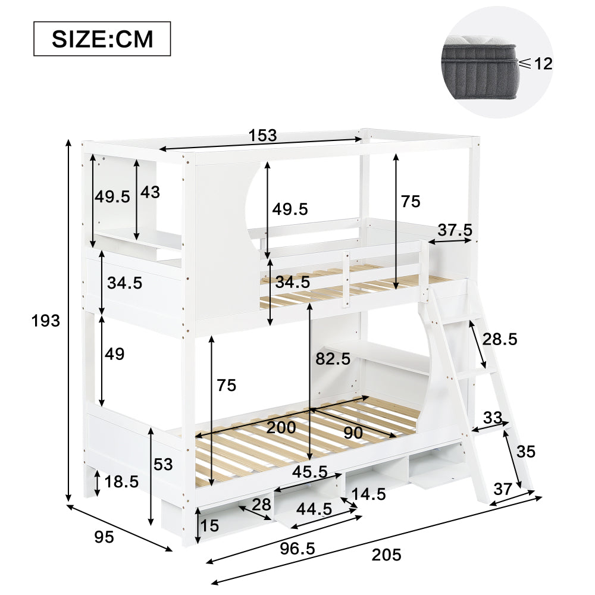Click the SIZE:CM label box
pos(102,39)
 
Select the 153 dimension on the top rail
pos(262,135)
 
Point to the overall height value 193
pos(46,321)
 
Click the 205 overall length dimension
pos(387,555)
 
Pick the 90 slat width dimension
pos(353,433)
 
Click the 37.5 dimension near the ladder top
pos(455,230)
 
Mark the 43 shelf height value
pos(151,192)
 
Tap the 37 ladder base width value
pos(503,489)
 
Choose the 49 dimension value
pos(114,354)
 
